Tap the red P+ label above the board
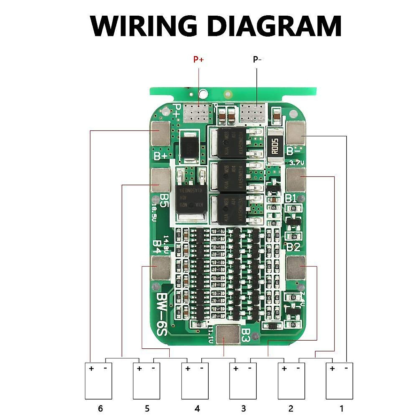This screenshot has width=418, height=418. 199,60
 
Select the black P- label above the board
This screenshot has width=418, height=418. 257,60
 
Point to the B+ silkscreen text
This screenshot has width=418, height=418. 161,156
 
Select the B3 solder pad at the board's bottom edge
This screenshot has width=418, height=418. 228,335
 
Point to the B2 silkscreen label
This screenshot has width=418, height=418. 293,247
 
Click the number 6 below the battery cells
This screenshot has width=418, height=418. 100,408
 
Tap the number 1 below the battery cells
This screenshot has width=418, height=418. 341,408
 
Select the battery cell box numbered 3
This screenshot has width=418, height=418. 243,381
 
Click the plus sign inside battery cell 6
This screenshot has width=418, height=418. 91,369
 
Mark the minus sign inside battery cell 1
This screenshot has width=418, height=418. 346,369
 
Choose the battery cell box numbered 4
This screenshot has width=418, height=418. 195,381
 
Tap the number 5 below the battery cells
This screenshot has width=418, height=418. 147,408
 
